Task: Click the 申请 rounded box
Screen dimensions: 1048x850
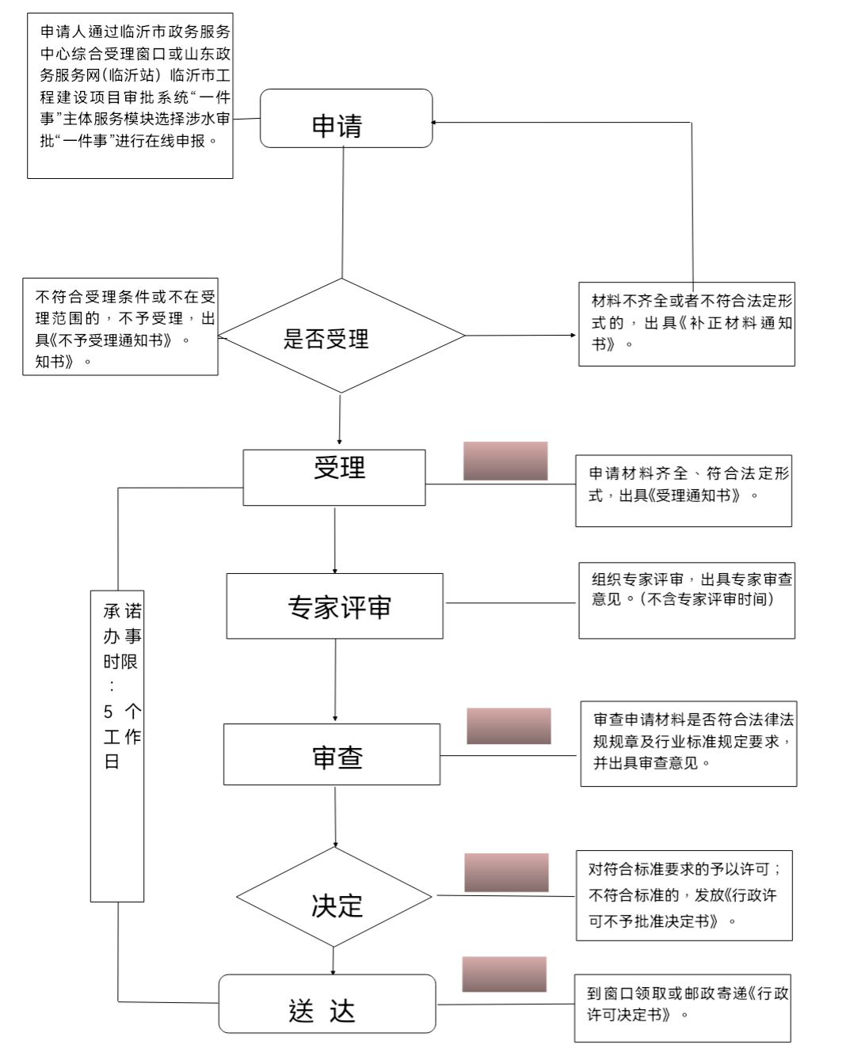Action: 346,119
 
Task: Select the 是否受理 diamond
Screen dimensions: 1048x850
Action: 341,336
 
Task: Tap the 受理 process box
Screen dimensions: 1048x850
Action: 334,477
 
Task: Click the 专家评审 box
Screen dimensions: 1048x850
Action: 334,606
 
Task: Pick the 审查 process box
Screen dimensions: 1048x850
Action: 331,754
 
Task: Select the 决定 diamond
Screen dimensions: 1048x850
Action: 334,897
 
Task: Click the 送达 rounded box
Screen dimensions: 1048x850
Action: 326,1004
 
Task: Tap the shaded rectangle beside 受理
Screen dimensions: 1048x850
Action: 505,461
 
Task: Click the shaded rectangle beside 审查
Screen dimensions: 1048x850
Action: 509,726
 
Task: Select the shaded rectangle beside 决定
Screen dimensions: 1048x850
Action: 506,872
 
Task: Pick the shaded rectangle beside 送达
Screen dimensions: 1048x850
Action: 505,974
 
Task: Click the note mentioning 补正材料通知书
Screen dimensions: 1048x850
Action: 686,324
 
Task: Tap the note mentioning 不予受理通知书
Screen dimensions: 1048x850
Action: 120,327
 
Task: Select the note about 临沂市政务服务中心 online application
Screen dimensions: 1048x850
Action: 130,96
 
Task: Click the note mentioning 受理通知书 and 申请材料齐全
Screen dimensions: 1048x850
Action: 683,491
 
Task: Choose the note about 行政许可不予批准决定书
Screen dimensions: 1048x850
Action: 684,896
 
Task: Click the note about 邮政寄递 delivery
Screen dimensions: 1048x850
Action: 683,1008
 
